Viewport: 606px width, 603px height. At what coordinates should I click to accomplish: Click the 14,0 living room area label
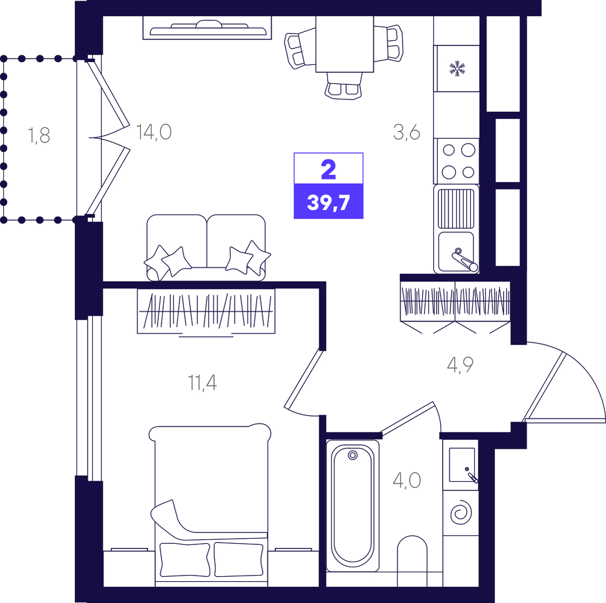tap(154, 132)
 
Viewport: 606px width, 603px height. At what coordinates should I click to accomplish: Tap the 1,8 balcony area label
tap(39, 136)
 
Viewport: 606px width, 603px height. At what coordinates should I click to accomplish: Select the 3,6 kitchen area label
tap(406, 132)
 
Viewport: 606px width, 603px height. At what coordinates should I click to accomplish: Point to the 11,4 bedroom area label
tap(202, 382)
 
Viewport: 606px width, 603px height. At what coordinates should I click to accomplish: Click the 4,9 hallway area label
tap(460, 365)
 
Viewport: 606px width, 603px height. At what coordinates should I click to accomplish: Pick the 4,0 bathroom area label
tap(406, 481)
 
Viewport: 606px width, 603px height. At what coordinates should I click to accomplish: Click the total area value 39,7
tap(329, 202)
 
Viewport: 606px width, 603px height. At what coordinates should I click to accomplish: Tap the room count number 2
tap(329, 170)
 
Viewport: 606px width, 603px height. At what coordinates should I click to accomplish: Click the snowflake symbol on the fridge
tap(457, 69)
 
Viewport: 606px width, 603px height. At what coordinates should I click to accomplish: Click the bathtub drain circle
tap(352, 455)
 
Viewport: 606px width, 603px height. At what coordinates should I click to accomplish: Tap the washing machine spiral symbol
tap(461, 513)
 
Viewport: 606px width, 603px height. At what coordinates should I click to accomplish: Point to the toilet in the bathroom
tap(413, 560)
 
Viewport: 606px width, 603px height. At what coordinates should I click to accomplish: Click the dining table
tap(345, 44)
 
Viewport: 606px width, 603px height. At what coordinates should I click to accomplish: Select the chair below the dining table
tap(344, 86)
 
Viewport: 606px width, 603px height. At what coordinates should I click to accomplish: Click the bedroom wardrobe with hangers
tap(206, 311)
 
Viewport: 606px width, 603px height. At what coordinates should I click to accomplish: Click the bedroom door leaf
tap(304, 378)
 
